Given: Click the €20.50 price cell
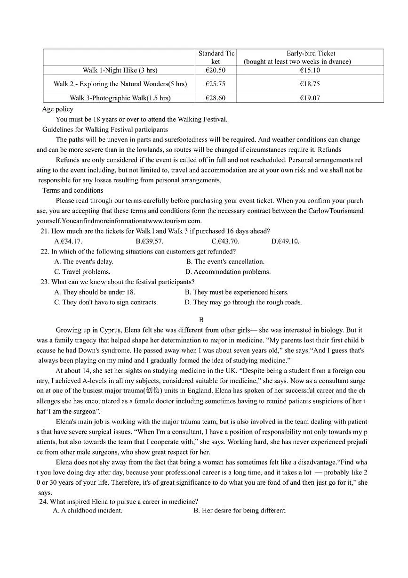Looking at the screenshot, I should tap(216, 70).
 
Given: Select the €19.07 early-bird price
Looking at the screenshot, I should tap(310, 98).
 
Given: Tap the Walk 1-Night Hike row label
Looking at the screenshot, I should tap(120, 70).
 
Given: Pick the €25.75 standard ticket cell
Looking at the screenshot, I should tap(216, 84).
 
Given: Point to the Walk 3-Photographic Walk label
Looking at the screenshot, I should tap(120, 98).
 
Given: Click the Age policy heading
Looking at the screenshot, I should tap(58, 109).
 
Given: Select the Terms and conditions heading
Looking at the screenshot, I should tap(73, 190).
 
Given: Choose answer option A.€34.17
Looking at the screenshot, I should tap(68, 241).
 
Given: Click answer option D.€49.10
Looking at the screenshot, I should tap(285, 241).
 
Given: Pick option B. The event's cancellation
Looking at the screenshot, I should tap(225, 261).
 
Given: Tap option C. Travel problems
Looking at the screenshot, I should tap(82, 272).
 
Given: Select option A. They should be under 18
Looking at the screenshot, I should tap(95, 292).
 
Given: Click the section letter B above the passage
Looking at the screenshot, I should tap(201, 320).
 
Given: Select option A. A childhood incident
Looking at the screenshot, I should tap(88, 510).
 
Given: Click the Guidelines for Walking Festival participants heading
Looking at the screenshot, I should tap(105, 129).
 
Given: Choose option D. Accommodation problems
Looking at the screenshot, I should tap(228, 272).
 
